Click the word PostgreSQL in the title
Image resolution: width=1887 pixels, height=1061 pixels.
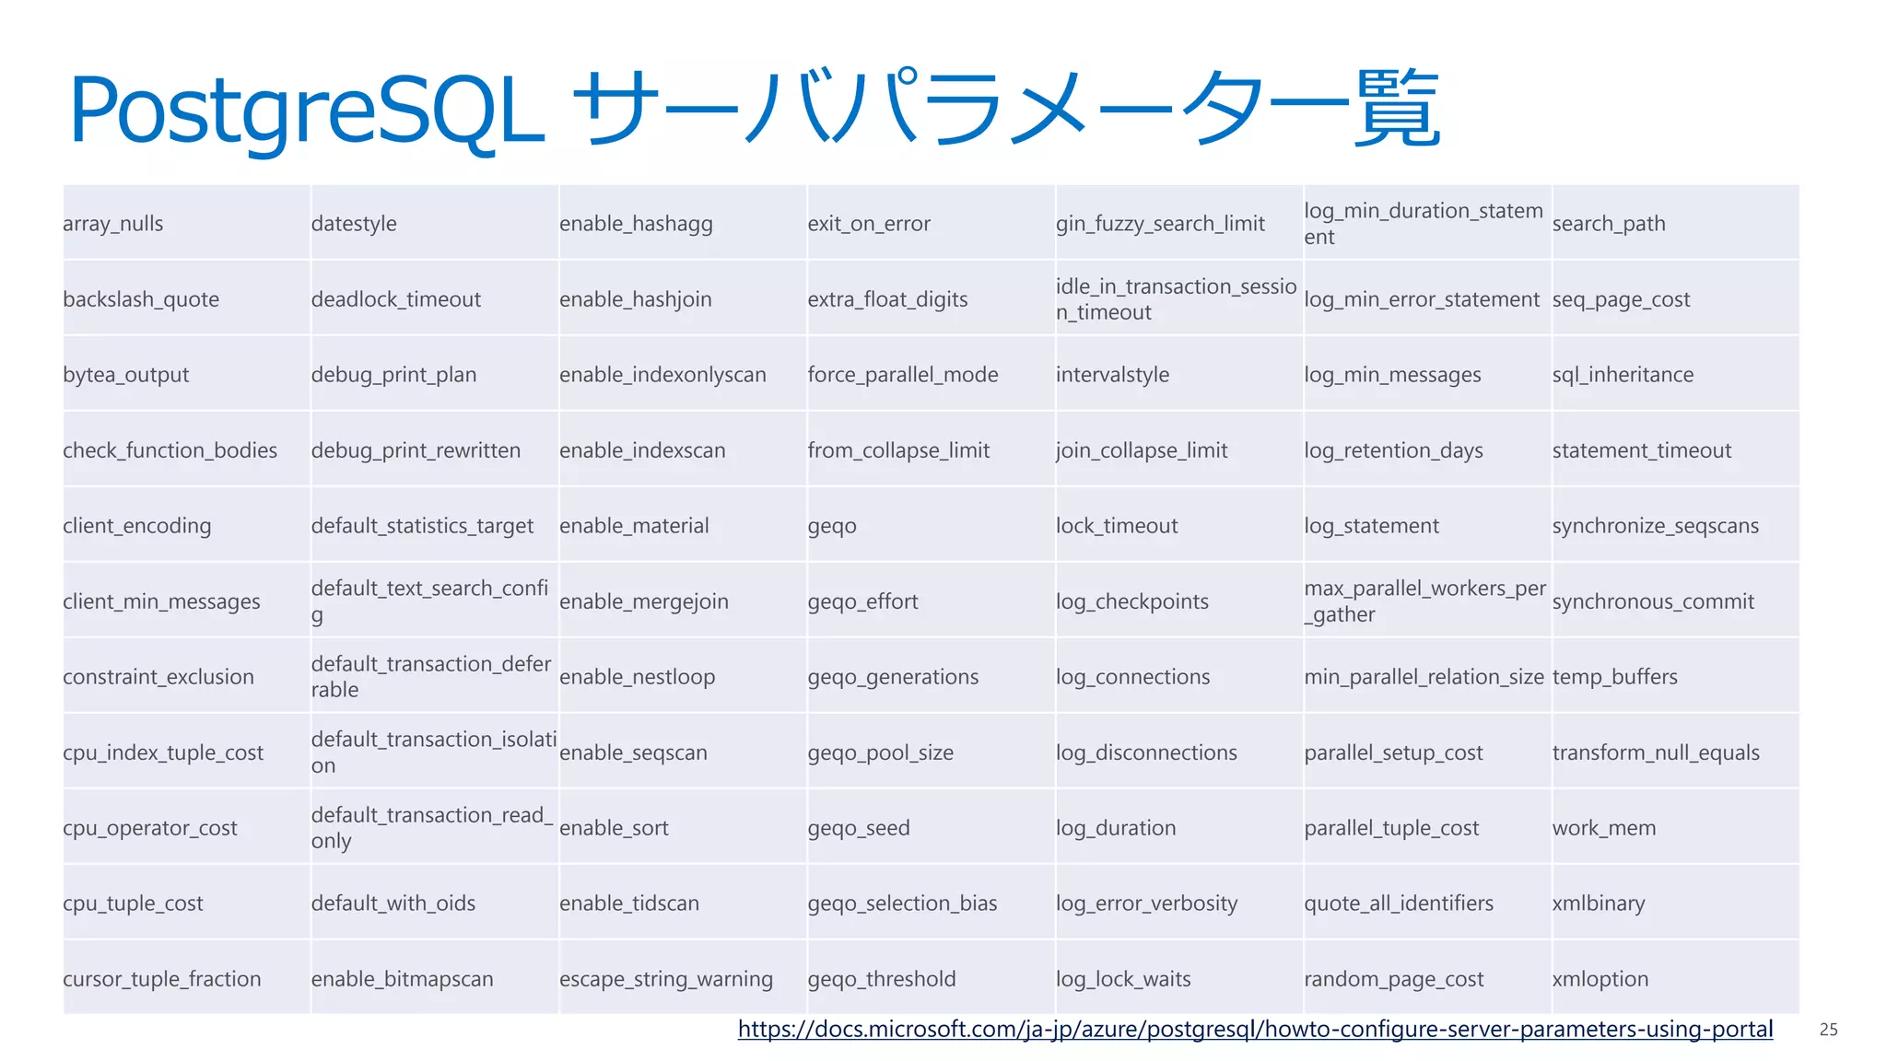click(x=306, y=111)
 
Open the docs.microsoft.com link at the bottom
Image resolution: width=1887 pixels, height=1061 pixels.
click(x=1255, y=1029)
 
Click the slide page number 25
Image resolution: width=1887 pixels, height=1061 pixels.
click(x=1828, y=1030)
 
